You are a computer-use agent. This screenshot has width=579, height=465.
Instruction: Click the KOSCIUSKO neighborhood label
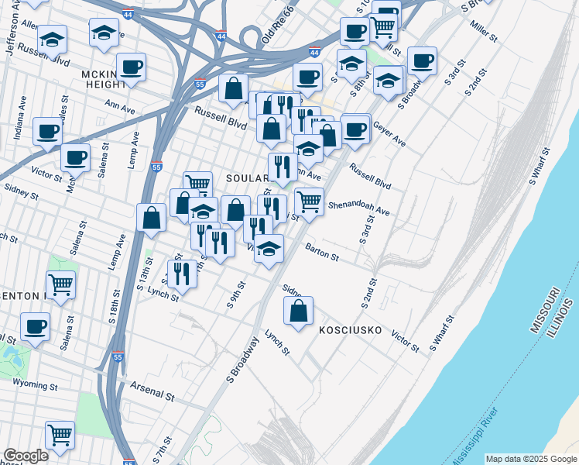351,330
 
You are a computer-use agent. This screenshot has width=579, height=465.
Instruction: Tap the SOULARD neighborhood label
246,178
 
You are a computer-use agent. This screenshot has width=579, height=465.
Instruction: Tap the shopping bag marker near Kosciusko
298,312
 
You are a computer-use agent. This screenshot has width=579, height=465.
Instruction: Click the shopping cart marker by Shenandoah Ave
309,201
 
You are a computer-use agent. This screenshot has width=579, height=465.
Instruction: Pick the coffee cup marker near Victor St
75,158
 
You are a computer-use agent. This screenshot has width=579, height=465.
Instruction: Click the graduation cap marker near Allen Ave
52,38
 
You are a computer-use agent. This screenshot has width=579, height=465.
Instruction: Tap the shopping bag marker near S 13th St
152,219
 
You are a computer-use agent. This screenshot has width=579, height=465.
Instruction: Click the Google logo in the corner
26,456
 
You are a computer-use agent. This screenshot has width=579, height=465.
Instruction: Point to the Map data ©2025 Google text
530,459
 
